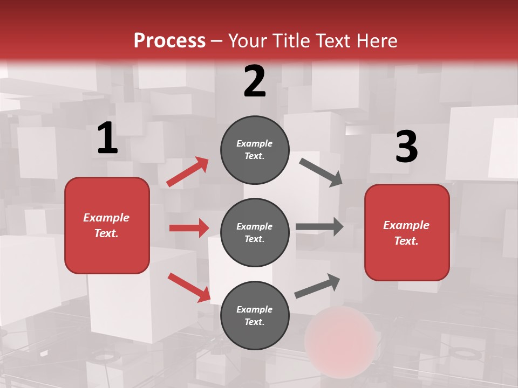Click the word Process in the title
169,41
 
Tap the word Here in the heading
374,41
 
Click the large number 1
107,139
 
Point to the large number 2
255,82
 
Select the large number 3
406,147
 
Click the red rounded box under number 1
107,225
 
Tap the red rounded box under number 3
407,232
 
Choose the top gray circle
255,150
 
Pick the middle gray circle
255,232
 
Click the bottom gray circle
255,315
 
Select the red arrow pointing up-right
188,171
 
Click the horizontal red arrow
189,228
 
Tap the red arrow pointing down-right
189,287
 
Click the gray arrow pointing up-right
318,286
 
